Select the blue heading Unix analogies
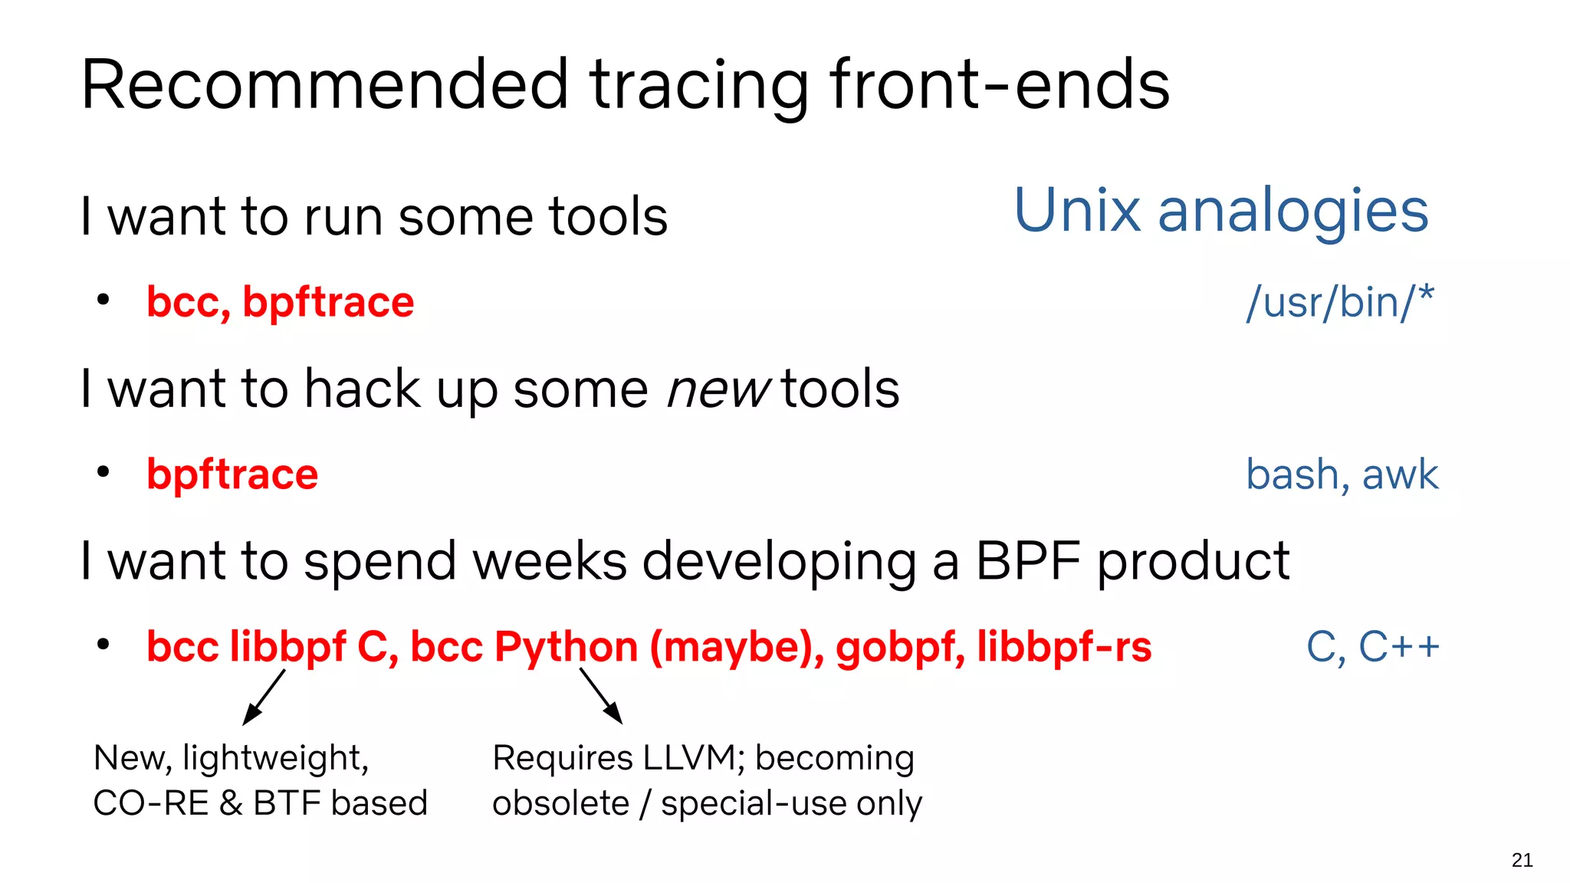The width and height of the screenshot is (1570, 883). click(1220, 211)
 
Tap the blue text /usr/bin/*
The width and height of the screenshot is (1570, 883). click(1339, 302)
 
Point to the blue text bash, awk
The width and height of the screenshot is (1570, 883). click(1342, 474)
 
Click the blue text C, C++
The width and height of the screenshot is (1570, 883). click(1372, 646)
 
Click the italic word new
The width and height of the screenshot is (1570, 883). click(718, 389)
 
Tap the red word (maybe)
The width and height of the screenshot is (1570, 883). click(737, 646)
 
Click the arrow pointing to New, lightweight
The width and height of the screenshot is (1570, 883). click(263, 698)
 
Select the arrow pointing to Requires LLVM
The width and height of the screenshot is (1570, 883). click(601, 696)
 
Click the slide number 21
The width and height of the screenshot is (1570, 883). click(1522, 860)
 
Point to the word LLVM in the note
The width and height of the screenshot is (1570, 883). click(693, 758)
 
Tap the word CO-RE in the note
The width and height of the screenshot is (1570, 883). click(150, 803)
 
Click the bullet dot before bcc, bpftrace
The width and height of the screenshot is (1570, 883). click(103, 300)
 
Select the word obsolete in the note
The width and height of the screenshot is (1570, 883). click(560, 803)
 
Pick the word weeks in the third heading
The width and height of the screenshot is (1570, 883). click(550, 561)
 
